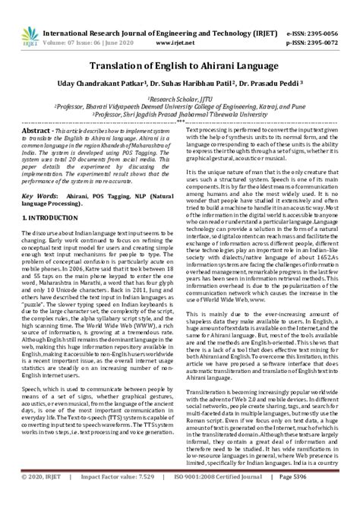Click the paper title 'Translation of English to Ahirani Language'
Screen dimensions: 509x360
pos(179,66)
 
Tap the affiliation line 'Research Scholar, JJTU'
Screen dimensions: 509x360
pos(180,99)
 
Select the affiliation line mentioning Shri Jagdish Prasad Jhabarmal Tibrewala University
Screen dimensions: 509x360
pos(180,115)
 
